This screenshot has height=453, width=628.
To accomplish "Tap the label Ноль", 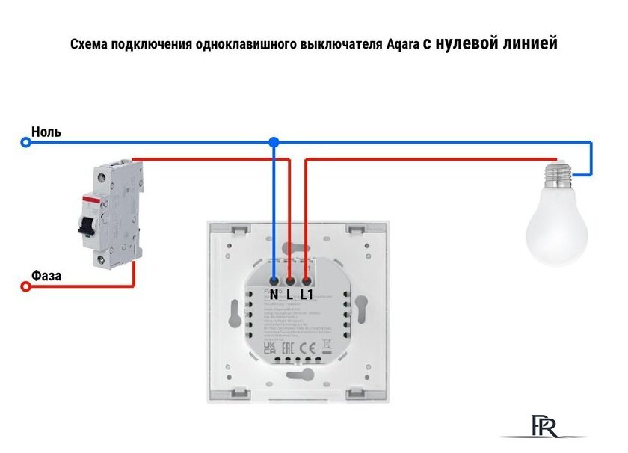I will (46, 132).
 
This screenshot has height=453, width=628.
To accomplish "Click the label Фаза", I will (46, 276).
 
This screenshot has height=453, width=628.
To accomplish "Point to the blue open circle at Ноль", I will (25, 141).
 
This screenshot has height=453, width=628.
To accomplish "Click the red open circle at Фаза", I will (25, 286).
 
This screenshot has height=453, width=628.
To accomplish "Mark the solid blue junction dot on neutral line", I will (274, 141).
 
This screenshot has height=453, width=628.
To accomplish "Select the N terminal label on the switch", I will (274, 294).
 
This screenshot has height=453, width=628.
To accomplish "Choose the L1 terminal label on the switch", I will (306, 294).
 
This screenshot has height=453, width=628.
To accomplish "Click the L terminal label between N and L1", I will (289, 294).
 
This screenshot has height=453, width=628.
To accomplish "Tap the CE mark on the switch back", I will (306, 348).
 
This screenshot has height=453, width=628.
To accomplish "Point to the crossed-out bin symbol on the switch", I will (326, 346).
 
